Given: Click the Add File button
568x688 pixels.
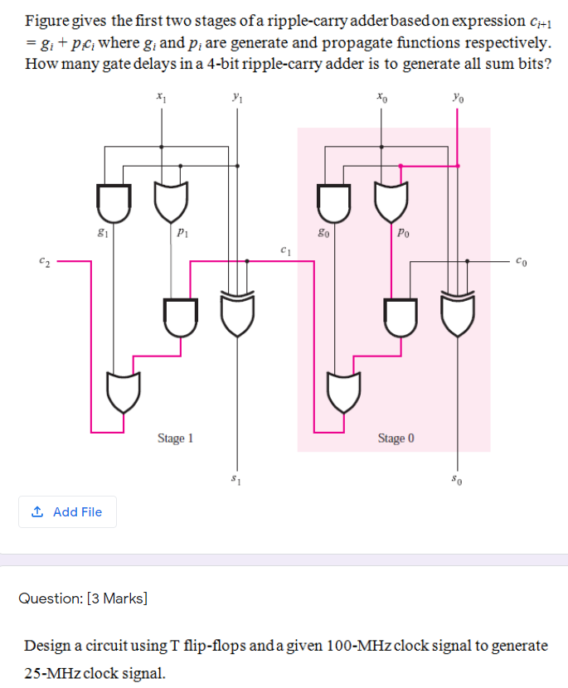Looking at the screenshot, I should [67, 512].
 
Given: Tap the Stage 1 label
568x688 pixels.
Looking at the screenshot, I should [175, 438].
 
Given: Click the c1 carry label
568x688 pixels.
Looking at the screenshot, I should [284, 249].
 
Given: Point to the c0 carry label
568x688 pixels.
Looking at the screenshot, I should [521, 263].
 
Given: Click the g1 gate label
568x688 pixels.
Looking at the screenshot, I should [102, 235].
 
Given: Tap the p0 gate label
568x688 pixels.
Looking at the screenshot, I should [403, 235].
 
